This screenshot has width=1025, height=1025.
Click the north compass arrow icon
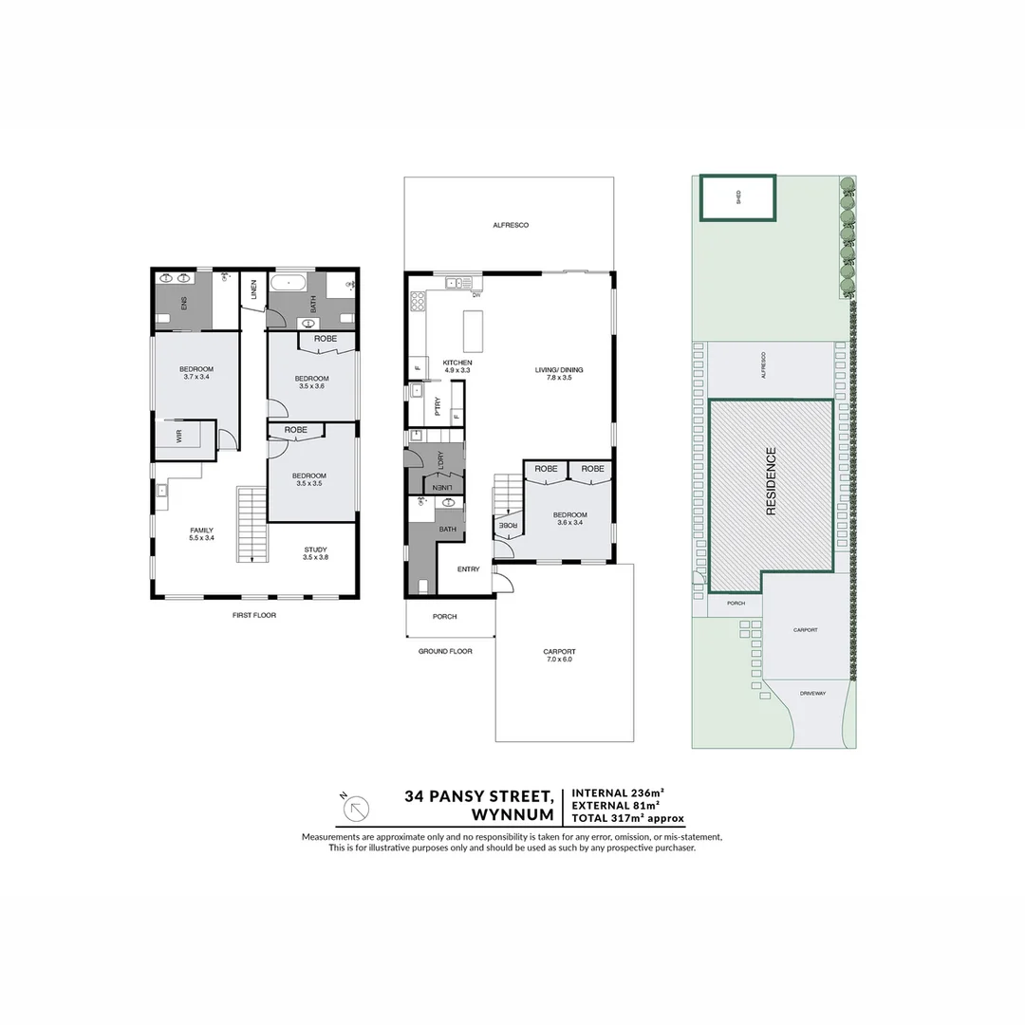pos(355,808)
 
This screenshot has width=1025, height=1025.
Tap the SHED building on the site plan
pos(737,198)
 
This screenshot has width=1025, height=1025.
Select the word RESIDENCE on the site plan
pos(771,481)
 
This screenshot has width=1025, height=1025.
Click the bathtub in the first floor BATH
pos(288,283)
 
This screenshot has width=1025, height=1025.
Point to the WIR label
pos(177,436)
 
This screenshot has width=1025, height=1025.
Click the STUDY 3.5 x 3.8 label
pos(315,553)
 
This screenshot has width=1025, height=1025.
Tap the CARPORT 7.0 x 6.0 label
pos(559,656)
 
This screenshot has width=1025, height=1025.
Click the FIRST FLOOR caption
pos(253,615)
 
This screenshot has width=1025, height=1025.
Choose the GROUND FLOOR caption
pos(445,651)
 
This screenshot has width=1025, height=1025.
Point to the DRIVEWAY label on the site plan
pos(812,693)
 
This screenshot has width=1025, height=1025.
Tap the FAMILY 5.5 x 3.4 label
pos(201,534)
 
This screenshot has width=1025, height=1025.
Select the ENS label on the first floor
pos(184,303)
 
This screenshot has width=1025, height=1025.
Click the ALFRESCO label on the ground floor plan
pos(510,225)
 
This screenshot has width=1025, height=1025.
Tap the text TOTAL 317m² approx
pos(626,817)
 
